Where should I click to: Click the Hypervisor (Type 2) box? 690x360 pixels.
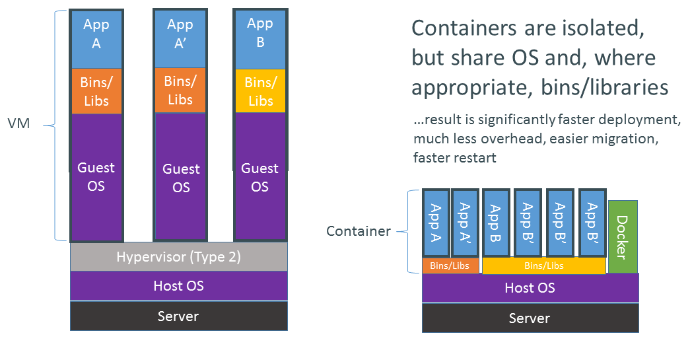click(x=178, y=257)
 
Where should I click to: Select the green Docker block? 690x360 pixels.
click(x=623, y=236)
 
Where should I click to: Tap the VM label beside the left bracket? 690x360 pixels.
click(x=18, y=124)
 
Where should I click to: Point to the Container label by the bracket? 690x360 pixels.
click(x=357, y=231)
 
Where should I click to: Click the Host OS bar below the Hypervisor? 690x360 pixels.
click(x=178, y=286)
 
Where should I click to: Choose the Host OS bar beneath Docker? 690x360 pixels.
click(x=530, y=288)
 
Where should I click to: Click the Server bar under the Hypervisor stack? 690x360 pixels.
click(x=178, y=316)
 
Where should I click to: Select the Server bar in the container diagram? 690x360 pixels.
click(x=530, y=318)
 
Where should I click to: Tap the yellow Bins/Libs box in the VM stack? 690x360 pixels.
click(x=260, y=92)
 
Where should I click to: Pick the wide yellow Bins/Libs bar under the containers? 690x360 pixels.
click(x=543, y=266)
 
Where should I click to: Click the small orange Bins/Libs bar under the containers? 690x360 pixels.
click(x=450, y=266)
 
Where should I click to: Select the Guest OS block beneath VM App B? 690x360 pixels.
click(x=260, y=177)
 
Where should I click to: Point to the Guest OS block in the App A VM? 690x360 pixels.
click(x=96, y=176)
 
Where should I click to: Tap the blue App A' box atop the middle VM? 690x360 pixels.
click(x=180, y=33)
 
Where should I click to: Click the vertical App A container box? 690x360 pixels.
click(x=436, y=223)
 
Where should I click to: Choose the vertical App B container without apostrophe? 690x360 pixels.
click(x=496, y=223)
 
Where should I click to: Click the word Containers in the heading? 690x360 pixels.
click(x=465, y=28)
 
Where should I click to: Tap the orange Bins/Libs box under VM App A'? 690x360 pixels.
click(x=180, y=90)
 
